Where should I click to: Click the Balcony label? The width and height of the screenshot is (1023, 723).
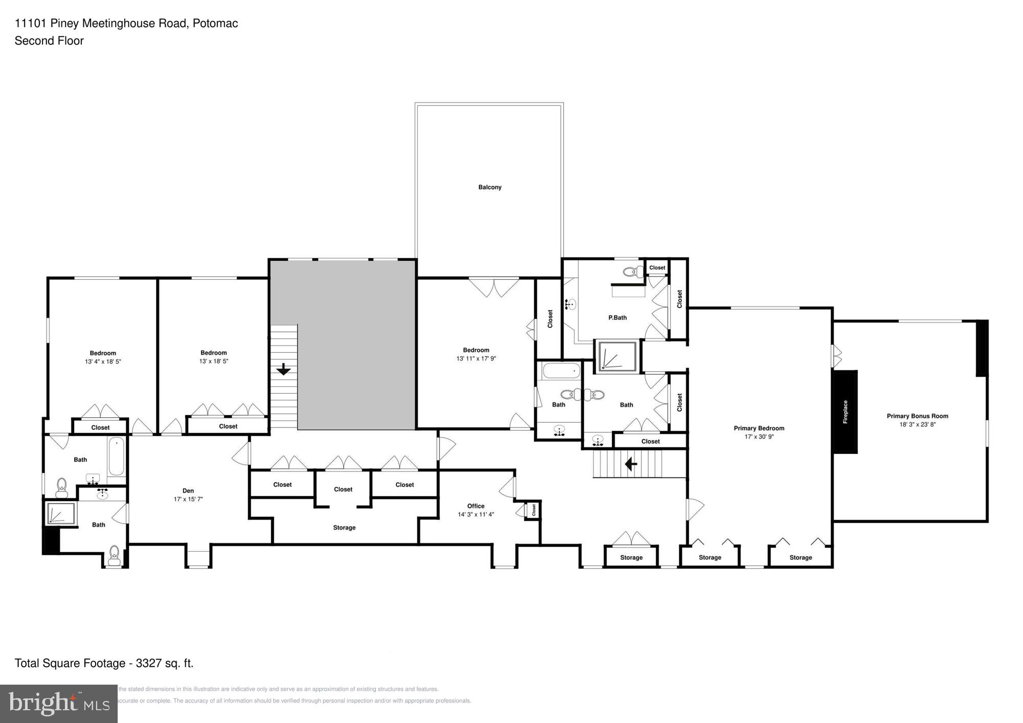click(490, 187)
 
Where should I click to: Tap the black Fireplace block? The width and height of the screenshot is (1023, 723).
click(844, 412)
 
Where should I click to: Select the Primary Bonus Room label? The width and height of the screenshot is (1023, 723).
click(917, 416)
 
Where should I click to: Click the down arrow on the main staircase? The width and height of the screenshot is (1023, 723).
click(283, 369)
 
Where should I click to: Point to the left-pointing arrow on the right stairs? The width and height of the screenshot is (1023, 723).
click(631, 464)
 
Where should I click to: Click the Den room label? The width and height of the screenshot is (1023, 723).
click(188, 491)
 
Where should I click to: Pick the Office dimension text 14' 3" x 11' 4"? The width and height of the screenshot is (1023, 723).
click(476, 514)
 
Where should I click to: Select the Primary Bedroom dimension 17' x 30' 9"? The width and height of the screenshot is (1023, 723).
click(759, 437)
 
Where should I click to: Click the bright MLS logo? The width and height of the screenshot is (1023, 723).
click(59, 704)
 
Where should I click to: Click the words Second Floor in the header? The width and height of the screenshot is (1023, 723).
click(49, 41)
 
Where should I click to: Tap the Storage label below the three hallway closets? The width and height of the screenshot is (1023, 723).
click(344, 528)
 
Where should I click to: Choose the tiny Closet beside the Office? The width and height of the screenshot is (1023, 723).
click(533, 510)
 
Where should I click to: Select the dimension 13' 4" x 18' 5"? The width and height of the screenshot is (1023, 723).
click(103, 361)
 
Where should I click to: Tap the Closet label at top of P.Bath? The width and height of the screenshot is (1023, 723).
click(657, 267)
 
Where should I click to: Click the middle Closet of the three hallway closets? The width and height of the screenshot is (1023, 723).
click(343, 489)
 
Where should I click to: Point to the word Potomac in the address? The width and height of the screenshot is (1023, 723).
click(215, 24)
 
